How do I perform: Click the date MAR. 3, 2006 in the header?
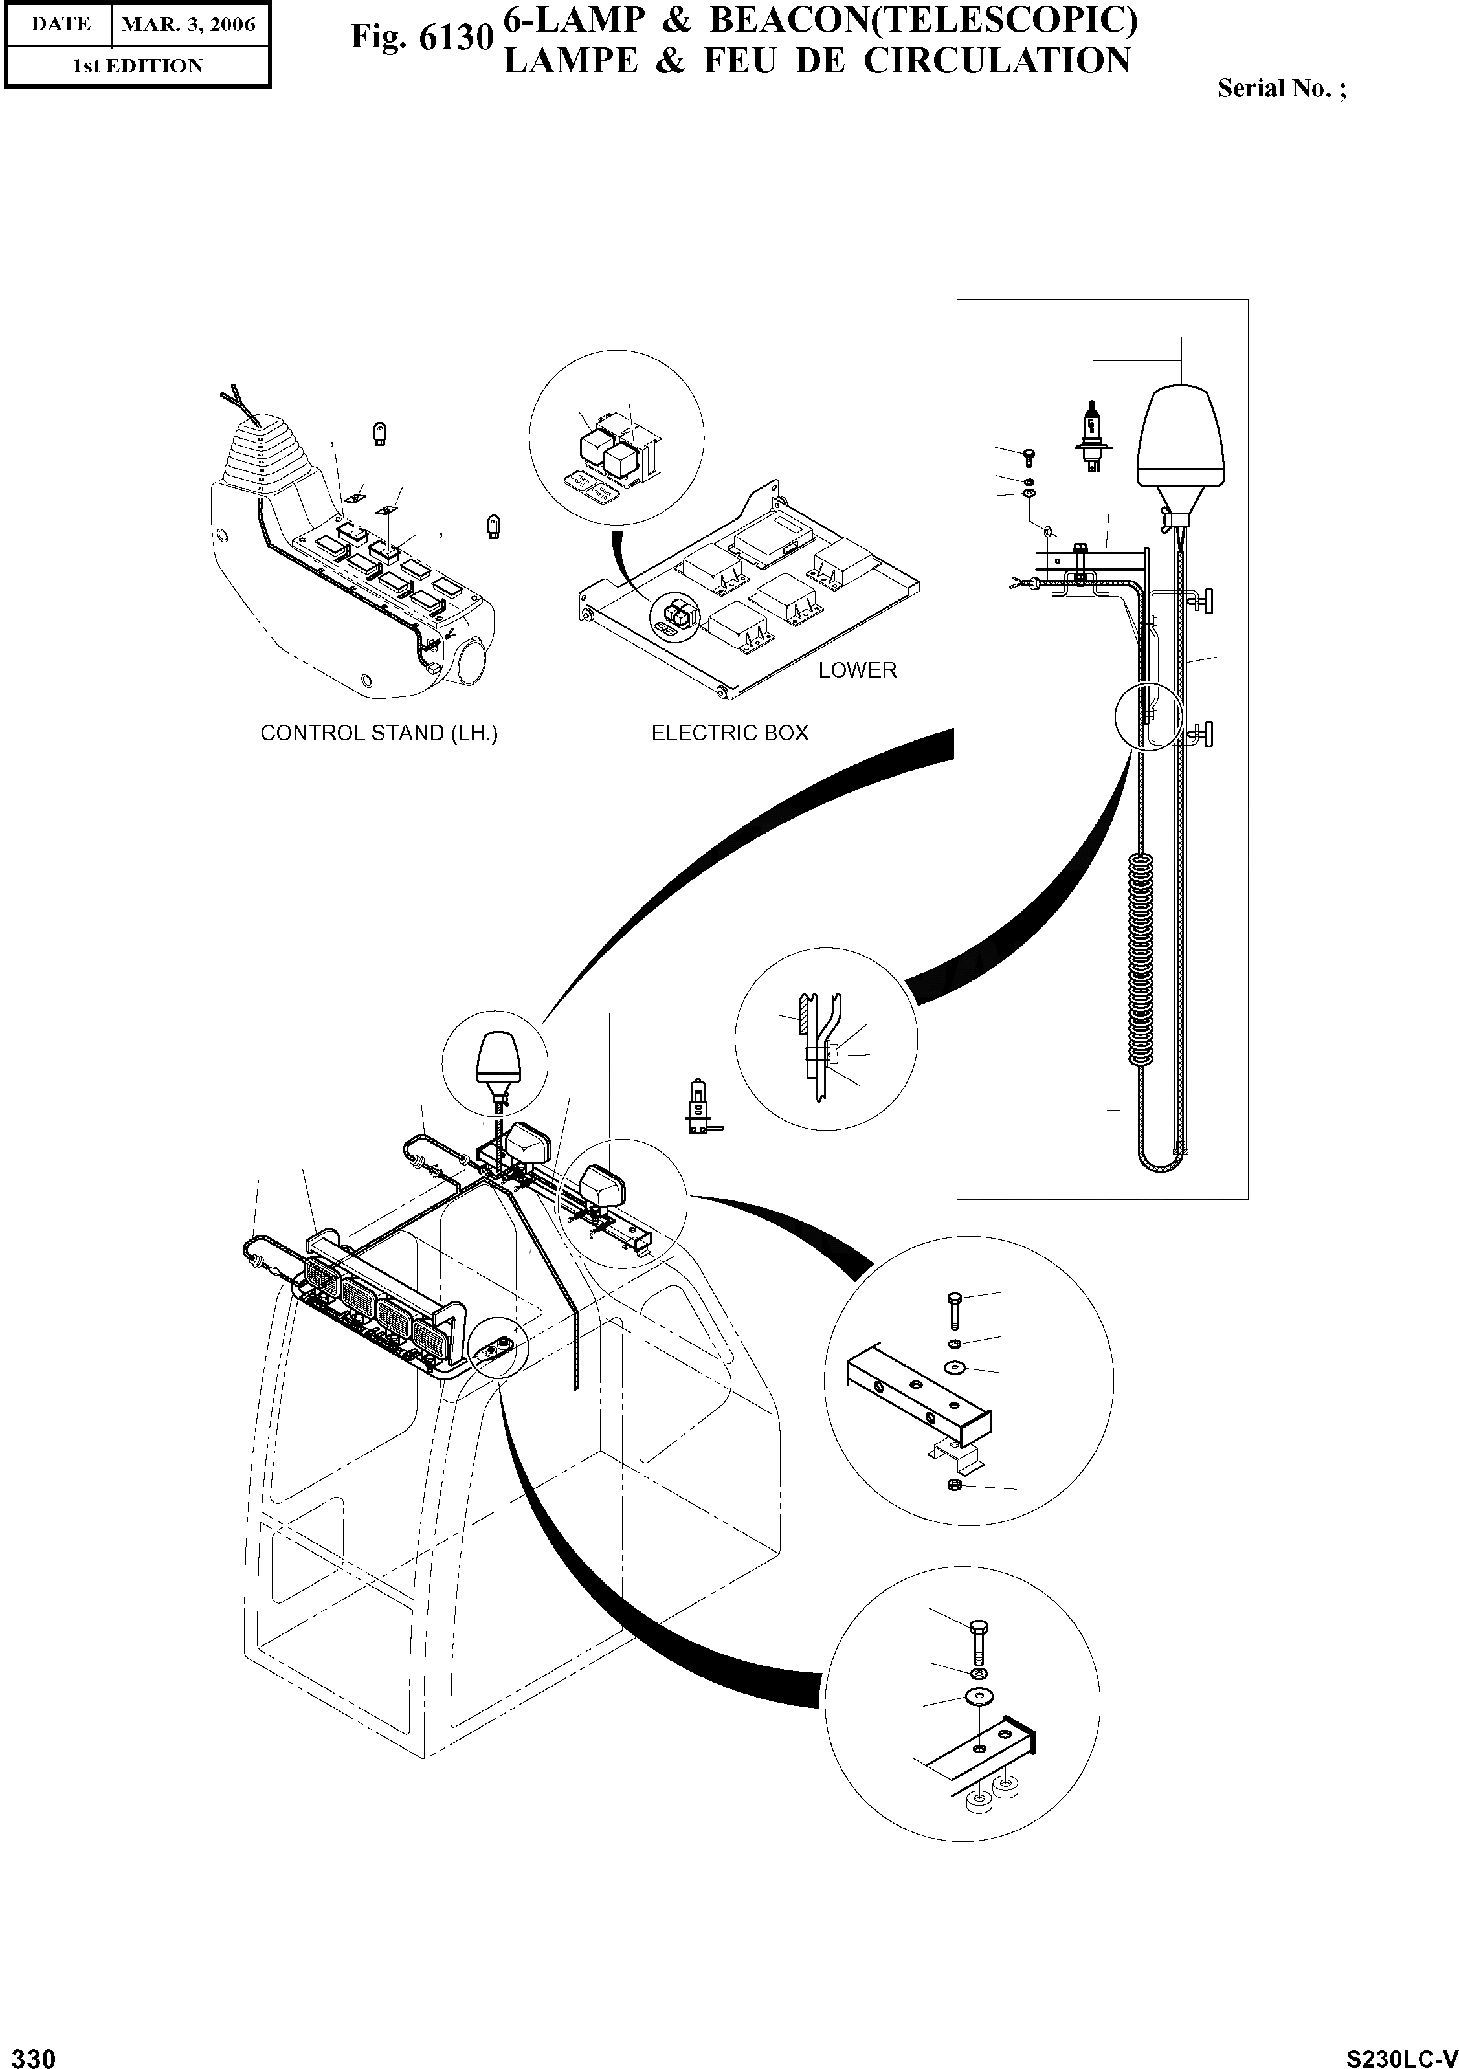pyautogui.click(x=188, y=25)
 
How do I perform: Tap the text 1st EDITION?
pyautogui.click(x=137, y=66)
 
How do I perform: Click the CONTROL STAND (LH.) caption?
pyautogui.click(x=379, y=733)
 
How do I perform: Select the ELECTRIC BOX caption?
pyautogui.click(x=730, y=733)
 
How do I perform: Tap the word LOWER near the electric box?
pyautogui.click(x=857, y=670)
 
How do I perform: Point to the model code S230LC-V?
pyautogui.click(x=1399, y=2053)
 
